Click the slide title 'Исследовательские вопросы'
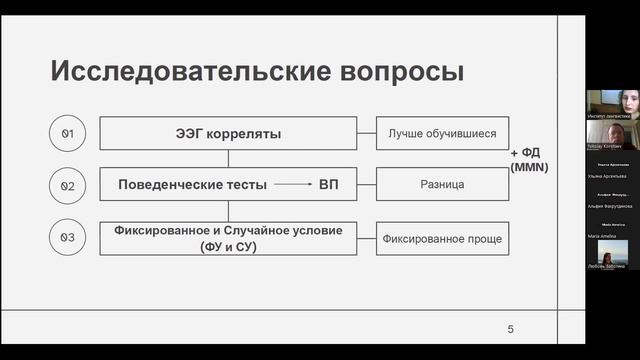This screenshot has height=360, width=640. pos(257,72)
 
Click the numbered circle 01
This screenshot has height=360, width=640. pos(69,133)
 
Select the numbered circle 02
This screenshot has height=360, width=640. pos(69,185)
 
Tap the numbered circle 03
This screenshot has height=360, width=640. pos(69,237)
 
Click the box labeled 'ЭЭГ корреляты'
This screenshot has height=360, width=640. pos(228,133)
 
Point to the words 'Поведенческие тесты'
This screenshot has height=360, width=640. pos(192,185)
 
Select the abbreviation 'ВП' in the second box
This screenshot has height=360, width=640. pos(329,185)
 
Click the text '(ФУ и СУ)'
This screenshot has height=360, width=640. pos(228,246)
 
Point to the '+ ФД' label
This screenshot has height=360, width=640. pos(528,153)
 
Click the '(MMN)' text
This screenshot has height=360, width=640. pos(529,167)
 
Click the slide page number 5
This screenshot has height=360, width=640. pos(510,329)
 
